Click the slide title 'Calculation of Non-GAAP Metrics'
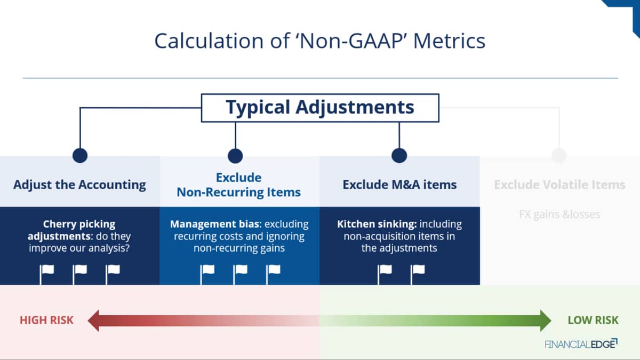pyautogui.click(x=319, y=41)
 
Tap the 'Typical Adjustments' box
pyautogui.click(x=320, y=108)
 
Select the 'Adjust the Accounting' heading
pyautogui.click(x=79, y=185)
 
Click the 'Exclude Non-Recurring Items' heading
pyautogui.click(x=238, y=185)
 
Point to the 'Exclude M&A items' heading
pyautogui.click(x=399, y=185)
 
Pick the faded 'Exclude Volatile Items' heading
pyautogui.click(x=559, y=185)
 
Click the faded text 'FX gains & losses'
pyautogui.click(x=559, y=214)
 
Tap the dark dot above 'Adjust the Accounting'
pyautogui.click(x=80, y=155)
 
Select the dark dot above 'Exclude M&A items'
pyautogui.click(x=399, y=155)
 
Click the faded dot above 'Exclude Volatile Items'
pyautogui.click(x=559, y=155)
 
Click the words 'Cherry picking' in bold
pyautogui.click(x=79, y=224)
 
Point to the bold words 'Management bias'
pyautogui.click(x=215, y=224)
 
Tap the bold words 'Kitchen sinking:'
pyautogui.click(x=377, y=224)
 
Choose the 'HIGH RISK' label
pyautogui.click(x=46, y=321)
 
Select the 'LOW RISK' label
pyautogui.click(x=593, y=321)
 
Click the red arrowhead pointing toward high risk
pyautogui.click(x=93, y=321)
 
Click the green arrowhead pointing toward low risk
pyautogui.click(x=546, y=321)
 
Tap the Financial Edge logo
pyautogui.click(x=581, y=344)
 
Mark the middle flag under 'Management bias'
pyautogui.click(x=241, y=274)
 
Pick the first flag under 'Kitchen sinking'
pyautogui.click(x=385, y=274)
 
